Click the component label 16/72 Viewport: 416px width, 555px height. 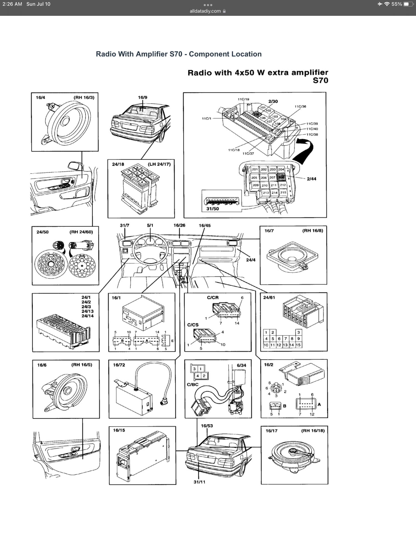pos(119,365)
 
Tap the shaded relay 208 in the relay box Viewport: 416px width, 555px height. pos(281,177)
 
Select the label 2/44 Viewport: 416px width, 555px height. pos(311,179)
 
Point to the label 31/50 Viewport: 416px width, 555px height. pos(212,209)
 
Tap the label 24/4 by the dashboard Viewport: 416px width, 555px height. pos(251,260)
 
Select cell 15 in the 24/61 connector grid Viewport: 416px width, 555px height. pos(298,345)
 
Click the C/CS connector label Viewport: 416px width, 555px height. pos(193,325)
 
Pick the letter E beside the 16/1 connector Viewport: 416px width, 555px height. pos(172,341)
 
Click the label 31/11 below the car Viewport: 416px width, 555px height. pos(199,482)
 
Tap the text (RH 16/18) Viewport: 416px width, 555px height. pos(313,431)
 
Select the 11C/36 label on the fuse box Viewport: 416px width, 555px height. pos(300,107)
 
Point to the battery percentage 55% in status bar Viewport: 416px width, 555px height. pos(397,4)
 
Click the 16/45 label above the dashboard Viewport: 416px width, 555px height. pos(205,226)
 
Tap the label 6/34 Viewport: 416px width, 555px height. pos(241,365)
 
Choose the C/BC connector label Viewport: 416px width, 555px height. pos(193,385)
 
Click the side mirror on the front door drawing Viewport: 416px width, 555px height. pos(74,165)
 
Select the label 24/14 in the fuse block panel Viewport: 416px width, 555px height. pos(87,316)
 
